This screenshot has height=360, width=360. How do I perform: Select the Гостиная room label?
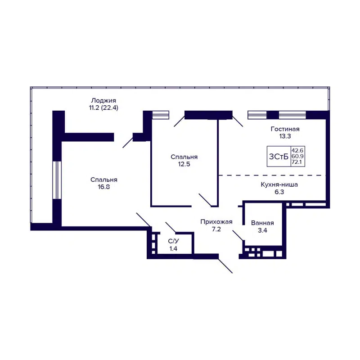tap(285, 129)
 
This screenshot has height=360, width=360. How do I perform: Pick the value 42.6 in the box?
tap(297, 150)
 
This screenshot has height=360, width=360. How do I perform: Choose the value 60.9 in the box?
tap(297, 156)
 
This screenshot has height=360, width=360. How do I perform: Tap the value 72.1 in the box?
tap(297, 162)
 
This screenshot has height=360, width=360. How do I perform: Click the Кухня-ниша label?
tap(279, 184)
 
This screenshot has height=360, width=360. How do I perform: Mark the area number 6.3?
tap(279, 192)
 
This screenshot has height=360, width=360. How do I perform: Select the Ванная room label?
tap(263, 223)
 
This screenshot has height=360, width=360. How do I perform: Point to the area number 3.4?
tap(263, 230)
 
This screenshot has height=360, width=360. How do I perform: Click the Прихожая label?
tap(216, 221)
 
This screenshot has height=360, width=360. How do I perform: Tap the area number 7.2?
tap(216, 229)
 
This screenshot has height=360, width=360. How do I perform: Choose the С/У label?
tap(173, 241)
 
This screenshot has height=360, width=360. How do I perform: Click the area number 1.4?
tap(173, 248)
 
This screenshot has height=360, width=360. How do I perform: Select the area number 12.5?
tap(184, 164)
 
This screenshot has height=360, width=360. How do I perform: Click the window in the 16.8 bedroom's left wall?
tap(57, 180)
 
